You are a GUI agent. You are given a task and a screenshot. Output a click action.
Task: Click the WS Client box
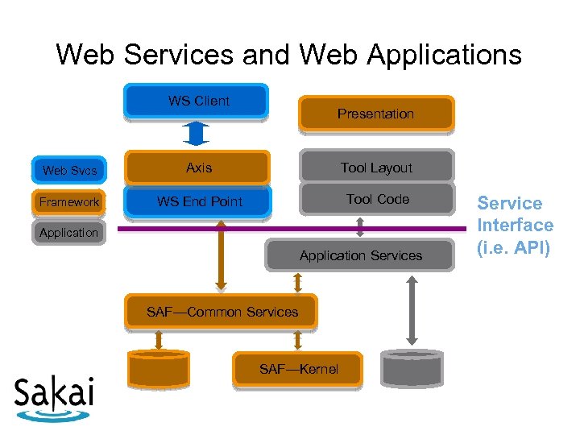tap(196, 101)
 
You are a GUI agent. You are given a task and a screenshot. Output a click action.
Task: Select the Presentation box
tap(376, 114)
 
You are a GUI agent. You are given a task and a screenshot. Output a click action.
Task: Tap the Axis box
tap(197, 168)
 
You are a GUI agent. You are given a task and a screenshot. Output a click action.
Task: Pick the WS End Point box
tap(197, 201)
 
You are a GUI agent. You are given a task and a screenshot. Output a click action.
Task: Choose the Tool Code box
tap(377, 199)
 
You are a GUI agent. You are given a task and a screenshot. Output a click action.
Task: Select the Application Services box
tap(359, 255)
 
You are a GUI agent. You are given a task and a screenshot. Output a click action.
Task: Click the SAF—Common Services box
tap(222, 312)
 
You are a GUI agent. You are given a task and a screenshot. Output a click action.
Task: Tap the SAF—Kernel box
tap(297, 369)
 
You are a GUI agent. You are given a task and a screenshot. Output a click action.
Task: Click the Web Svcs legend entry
tap(69, 170)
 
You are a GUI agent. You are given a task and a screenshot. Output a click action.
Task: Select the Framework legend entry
tap(68, 202)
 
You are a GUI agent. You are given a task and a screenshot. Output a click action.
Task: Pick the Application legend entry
tap(68, 233)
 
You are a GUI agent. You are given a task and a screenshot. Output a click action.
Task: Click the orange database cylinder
tap(159, 369)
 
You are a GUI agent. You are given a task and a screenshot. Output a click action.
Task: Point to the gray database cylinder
tap(412, 368)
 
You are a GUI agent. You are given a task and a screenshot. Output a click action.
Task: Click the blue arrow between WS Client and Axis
tap(196, 134)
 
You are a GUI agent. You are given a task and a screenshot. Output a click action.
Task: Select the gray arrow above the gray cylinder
tap(412, 310)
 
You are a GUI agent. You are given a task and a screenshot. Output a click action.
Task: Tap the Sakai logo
tap(54, 399)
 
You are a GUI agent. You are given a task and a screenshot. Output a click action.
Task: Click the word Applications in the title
tap(444, 55)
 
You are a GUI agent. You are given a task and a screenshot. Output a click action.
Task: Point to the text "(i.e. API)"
tap(513, 248)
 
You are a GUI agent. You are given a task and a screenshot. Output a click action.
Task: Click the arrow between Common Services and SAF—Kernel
tap(297, 340)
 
